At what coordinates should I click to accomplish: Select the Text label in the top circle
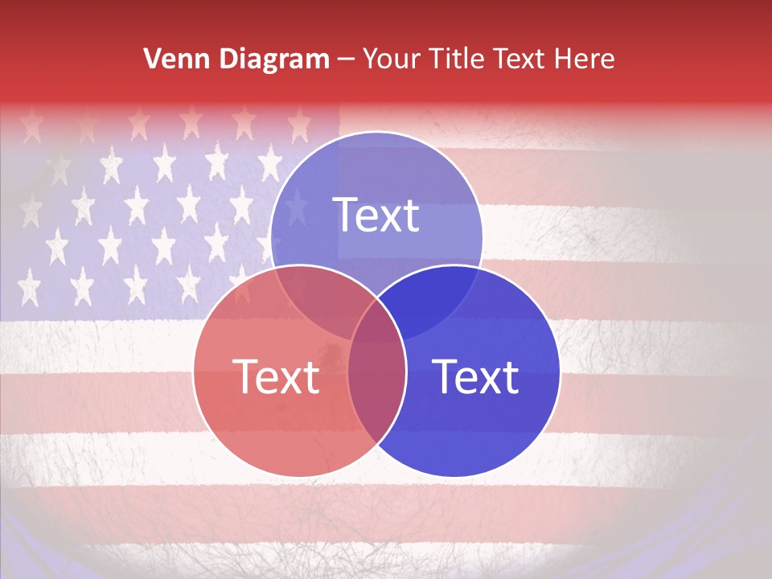[x=376, y=215]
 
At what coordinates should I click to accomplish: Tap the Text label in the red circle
[x=276, y=376]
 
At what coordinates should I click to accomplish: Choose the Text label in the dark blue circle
[x=476, y=376]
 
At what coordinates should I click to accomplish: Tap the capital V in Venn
[x=152, y=59]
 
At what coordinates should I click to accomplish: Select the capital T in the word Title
[x=435, y=59]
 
